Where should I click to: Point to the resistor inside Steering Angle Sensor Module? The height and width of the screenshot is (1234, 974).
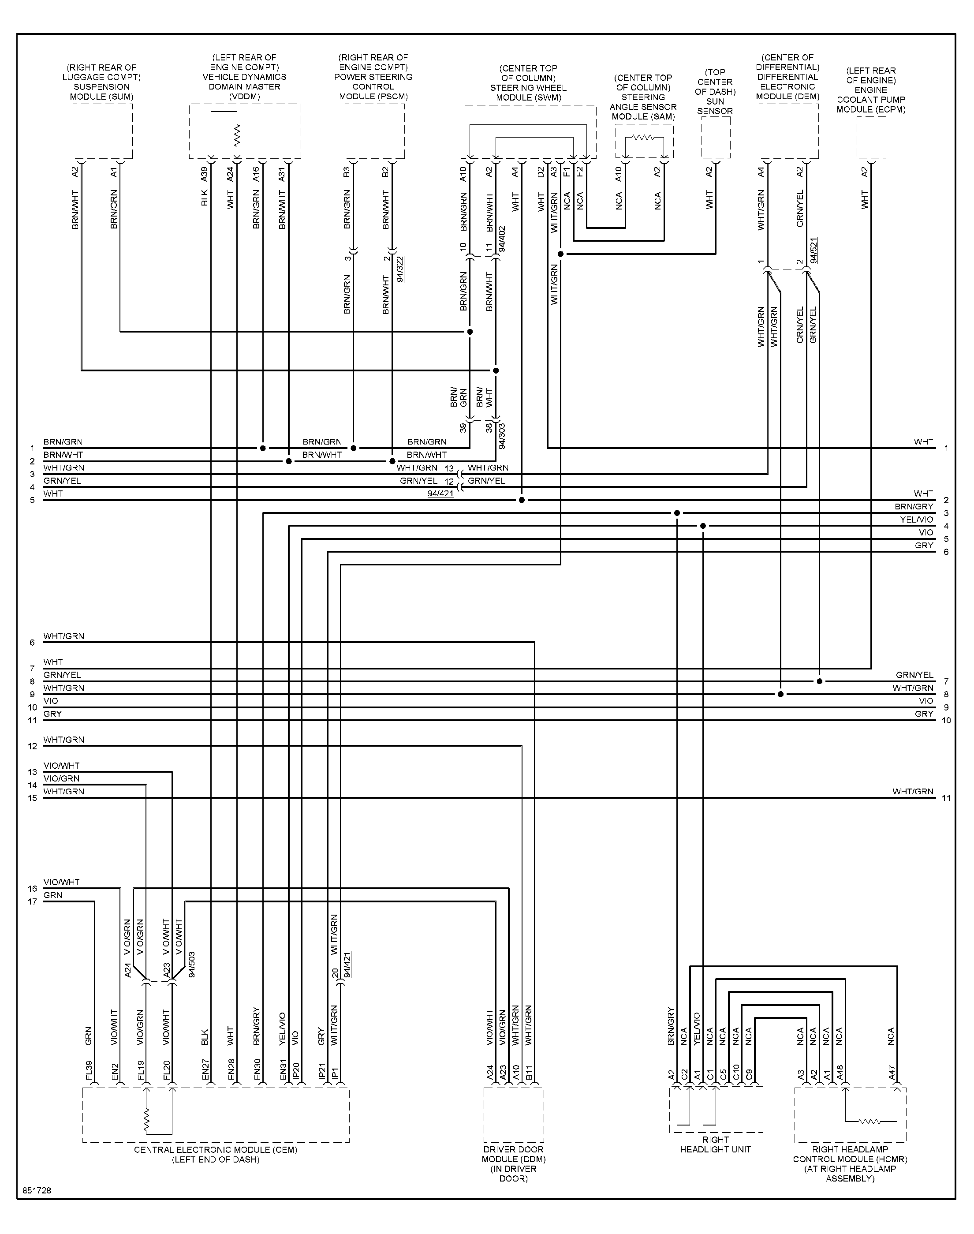click(x=643, y=138)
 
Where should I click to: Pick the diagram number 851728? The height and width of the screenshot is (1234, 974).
click(x=37, y=1191)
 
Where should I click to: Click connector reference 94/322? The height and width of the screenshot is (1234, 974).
click(x=400, y=269)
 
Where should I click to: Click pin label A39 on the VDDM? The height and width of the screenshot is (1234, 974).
click(x=204, y=174)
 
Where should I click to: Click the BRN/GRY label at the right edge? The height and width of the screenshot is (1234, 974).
click(x=914, y=506)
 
